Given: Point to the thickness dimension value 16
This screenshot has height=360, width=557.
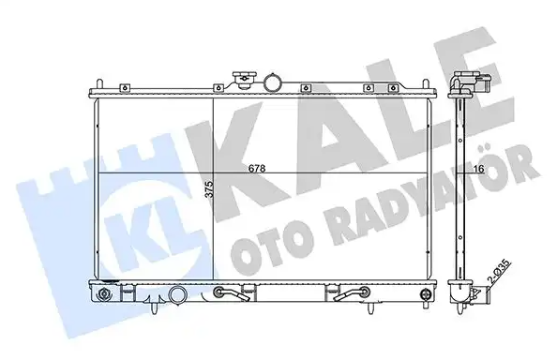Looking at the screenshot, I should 479,169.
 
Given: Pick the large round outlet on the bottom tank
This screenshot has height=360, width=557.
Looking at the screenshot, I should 176,297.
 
